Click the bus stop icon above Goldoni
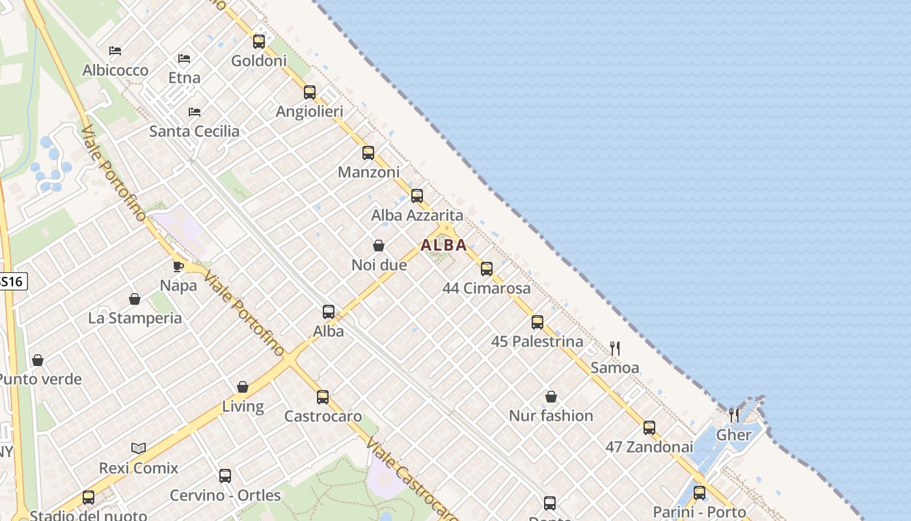[259, 42]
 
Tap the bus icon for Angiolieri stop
[310, 92]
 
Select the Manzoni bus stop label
[368, 173]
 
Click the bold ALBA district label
[444, 246]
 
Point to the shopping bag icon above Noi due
[379, 246]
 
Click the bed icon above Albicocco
[115, 51]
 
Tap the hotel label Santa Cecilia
[195, 132]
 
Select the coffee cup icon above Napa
[178, 266]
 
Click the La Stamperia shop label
[135, 318]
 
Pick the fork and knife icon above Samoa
[614, 348]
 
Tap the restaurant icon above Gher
[734, 415]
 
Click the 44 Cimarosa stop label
[487, 289]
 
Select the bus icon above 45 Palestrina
[537, 322]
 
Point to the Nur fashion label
[551, 416]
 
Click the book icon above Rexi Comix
[139, 448]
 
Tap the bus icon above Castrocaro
[323, 397]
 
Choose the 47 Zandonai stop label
[649, 447]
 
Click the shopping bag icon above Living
[243, 387]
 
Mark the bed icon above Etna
[184, 59]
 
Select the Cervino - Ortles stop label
[225, 496]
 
